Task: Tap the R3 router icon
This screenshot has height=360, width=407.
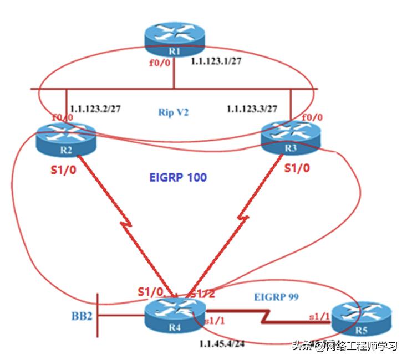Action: pyautogui.click(x=290, y=138)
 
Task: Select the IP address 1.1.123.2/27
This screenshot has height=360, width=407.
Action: pyautogui.click(x=96, y=109)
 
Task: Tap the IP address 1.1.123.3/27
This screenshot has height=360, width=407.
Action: pyautogui.click(x=252, y=109)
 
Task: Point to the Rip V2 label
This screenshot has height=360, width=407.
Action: pyautogui.click(x=175, y=112)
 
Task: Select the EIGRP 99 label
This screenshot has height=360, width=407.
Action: pyautogui.click(x=276, y=297)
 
